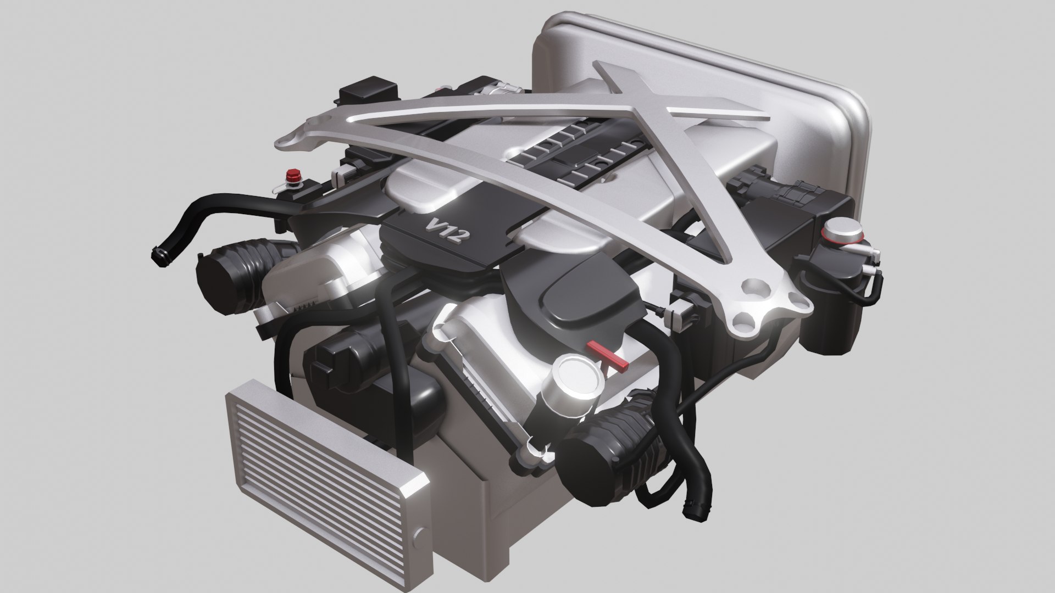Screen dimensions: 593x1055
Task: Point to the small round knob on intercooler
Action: (421, 533)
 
